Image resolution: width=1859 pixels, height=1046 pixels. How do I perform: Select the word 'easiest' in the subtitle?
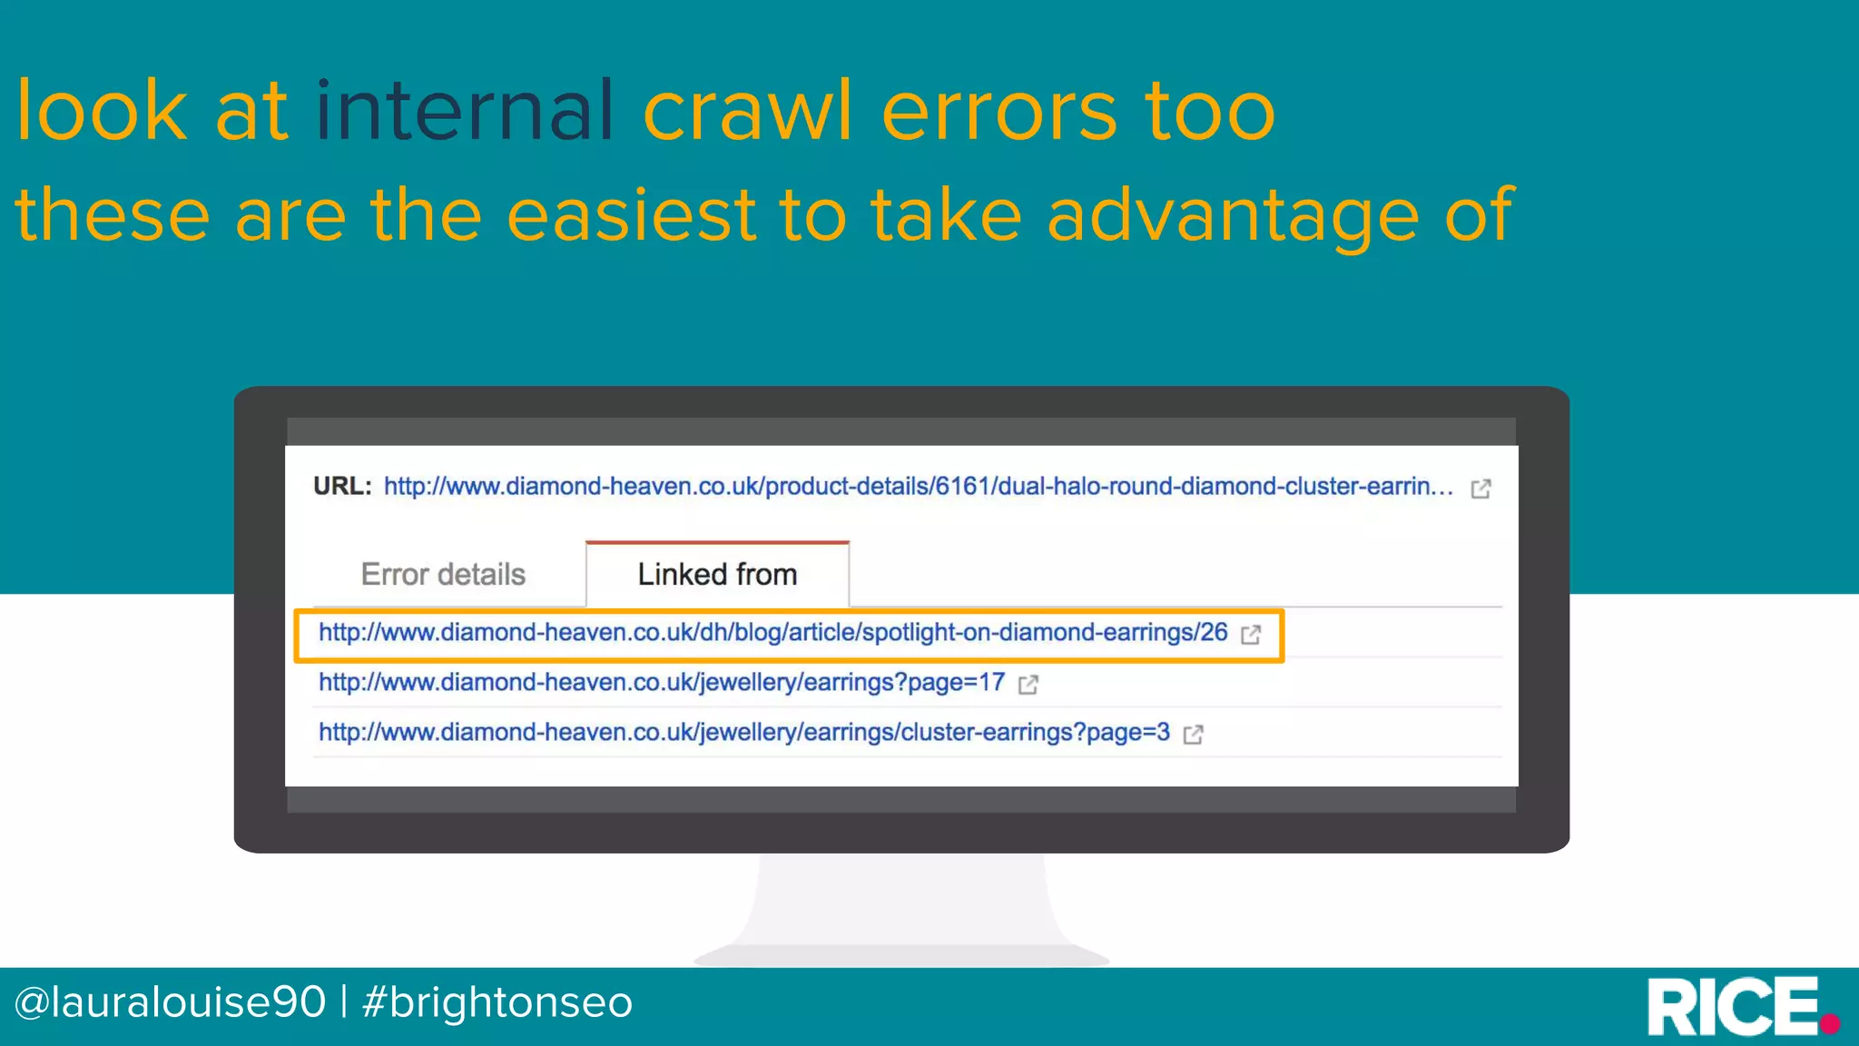[631, 215]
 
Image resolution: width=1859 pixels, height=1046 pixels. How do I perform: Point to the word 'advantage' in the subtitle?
[1233, 215]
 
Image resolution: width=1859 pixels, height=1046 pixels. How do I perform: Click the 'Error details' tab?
[443, 575]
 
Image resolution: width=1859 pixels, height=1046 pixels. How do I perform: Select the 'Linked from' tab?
[717, 575]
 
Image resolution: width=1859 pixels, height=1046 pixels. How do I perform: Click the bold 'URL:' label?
[342, 487]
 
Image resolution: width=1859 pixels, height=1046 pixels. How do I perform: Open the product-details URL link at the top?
[917, 487]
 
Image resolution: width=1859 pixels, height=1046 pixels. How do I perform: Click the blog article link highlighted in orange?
[772, 633]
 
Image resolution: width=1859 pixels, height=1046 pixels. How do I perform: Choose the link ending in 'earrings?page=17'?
[661, 683]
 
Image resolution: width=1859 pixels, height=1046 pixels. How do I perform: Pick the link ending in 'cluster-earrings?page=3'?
[743, 733]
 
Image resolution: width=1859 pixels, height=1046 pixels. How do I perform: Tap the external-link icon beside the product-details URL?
[1480, 488]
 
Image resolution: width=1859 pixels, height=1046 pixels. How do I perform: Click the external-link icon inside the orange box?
[1251, 635]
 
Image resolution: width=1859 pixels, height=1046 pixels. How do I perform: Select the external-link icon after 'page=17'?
[1028, 685]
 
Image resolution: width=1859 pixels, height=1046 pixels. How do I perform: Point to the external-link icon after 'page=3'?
[1194, 735]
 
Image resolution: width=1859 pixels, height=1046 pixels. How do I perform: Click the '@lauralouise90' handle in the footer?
[170, 1002]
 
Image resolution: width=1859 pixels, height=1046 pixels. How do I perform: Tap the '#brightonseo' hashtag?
[497, 1002]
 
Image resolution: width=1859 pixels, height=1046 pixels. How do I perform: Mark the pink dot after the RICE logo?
[1831, 1024]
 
